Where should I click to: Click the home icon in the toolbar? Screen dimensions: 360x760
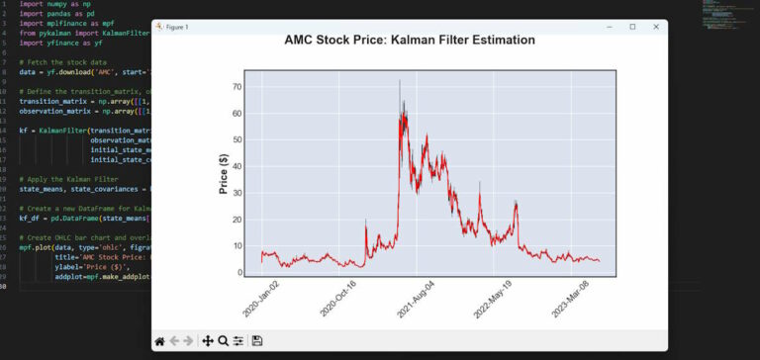point(159,340)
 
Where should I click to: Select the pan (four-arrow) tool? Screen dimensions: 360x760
point(208,340)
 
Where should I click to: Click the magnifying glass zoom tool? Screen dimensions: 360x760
point(224,340)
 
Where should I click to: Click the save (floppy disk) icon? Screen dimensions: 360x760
point(257,340)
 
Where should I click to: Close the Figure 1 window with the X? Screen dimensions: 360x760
point(655,27)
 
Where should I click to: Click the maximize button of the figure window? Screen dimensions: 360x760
point(632,27)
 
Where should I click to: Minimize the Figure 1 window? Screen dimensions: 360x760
point(609,27)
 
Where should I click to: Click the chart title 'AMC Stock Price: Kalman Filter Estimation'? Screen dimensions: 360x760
point(410,41)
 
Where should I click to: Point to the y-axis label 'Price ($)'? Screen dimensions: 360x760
point(225,172)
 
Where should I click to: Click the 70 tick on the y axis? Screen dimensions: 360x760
point(237,87)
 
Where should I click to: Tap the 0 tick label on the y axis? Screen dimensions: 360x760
point(239,272)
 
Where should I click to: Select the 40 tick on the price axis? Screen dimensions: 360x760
point(237,166)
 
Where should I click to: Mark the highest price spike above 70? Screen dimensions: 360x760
point(400,82)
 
